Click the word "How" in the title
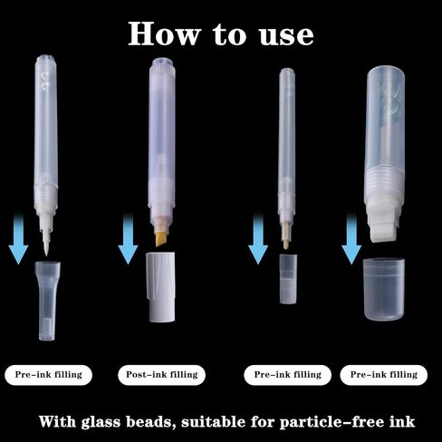pyautogui.click(x=164, y=34)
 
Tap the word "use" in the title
pyautogui.click(x=286, y=36)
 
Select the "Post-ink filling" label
pyautogui.click(x=162, y=375)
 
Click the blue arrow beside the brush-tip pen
pyautogui.click(x=18, y=238)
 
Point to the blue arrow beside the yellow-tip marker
pyautogui.click(x=128, y=238)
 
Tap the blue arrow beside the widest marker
pyautogui.click(x=351, y=238)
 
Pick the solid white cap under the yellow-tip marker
pyautogui.click(x=161, y=287)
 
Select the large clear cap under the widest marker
pyautogui.click(x=384, y=289)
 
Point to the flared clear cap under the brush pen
pyautogui.click(x=47, y=301)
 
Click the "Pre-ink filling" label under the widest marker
pyautogui.click(x=384, y=375)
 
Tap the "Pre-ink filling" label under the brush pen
pyautogui.click(x=48, y=375)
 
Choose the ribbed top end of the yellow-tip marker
pyautogui.click(x=163, y=66)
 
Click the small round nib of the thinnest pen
pyautogui.click(x=285, y=243)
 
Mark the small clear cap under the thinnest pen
pyautogui.click(x=288, y=279)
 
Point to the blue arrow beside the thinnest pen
pyautogui.click(x=258, y=238)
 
